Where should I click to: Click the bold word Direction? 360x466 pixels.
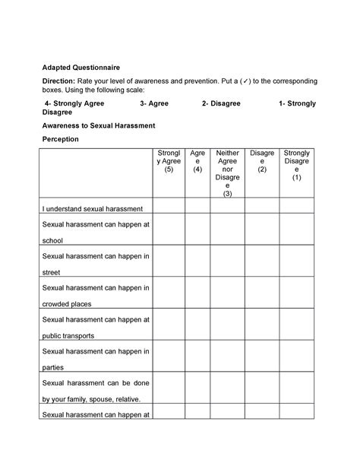[x=58, y=81]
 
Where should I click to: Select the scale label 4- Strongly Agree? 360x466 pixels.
[x=74, y=101]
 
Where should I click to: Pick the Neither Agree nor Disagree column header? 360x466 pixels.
[x=228, y=173]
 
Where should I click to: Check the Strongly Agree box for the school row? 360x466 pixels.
[x=168, y=231]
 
